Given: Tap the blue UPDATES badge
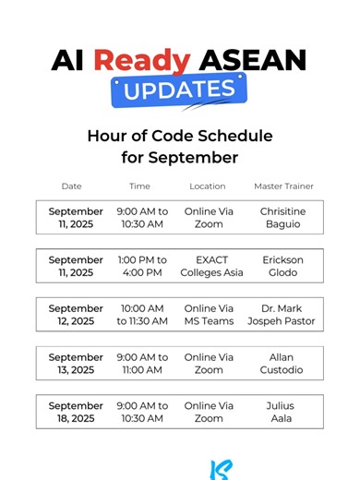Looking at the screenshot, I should pos(179,90).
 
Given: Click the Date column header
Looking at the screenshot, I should pos(71,186).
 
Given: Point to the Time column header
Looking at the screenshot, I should pos(139,186).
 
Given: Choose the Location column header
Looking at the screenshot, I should pos(208,186).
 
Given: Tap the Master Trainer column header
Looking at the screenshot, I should pos(282,186).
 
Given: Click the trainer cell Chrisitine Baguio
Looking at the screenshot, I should pos(282,218).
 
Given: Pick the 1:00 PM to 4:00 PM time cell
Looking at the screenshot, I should pos(142,266).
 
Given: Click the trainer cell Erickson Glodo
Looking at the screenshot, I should pos(282,266).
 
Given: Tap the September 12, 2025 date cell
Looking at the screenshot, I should pos(76,315).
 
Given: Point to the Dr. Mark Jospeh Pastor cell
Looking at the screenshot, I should pos(282,315).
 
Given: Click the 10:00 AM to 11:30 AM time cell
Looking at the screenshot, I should pos(142,315).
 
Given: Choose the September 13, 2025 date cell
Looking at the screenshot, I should pos(76,364).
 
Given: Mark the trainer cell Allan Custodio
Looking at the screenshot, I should pos(282,364).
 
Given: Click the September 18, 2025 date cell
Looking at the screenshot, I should pos(76,412).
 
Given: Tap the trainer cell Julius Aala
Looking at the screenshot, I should pos(282,412).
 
